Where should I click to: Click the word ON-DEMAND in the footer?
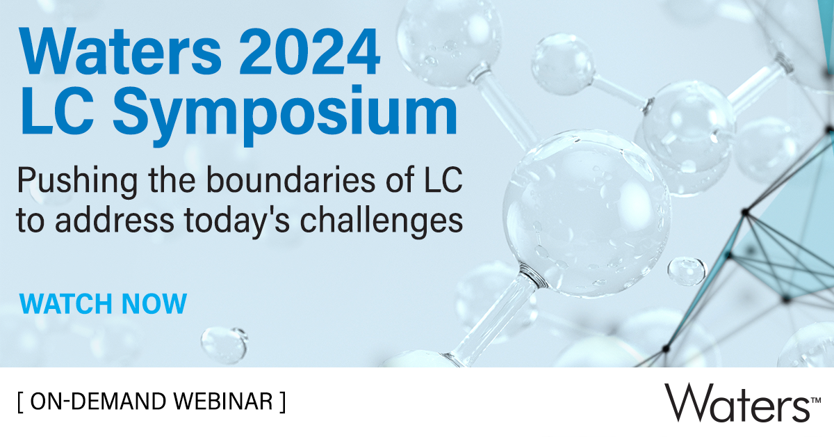point(97,402)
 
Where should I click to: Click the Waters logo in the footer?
point(737,402)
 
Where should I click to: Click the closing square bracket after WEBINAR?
point(283,402)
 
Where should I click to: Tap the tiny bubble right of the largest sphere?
point(686,270)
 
